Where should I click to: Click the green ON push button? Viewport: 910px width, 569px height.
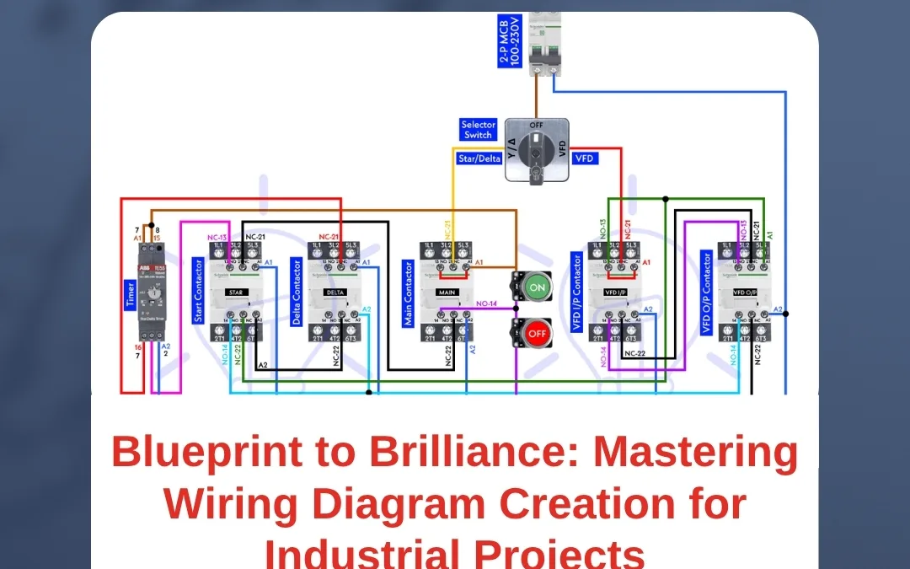click(x=535, y=288)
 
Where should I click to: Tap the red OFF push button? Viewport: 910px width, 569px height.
click(x=535, y=332)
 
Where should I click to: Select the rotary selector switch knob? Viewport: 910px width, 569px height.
click(x=536, y=150)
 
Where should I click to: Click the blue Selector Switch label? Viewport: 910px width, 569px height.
click(x=478, y=130)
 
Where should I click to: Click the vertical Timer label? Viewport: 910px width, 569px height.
click(x=131, y=296)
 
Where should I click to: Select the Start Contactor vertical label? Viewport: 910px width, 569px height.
click(x=198, y=291)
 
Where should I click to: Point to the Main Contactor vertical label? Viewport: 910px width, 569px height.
click(x=408, y=293)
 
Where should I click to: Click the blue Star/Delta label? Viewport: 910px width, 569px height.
click(x=479, y=158)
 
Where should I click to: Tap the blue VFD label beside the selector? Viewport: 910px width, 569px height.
click(x=584, y=158)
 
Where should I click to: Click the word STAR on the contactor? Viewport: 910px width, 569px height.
click(x=236, y=293)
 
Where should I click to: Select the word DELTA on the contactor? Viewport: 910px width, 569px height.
click(x=335, y=293)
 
